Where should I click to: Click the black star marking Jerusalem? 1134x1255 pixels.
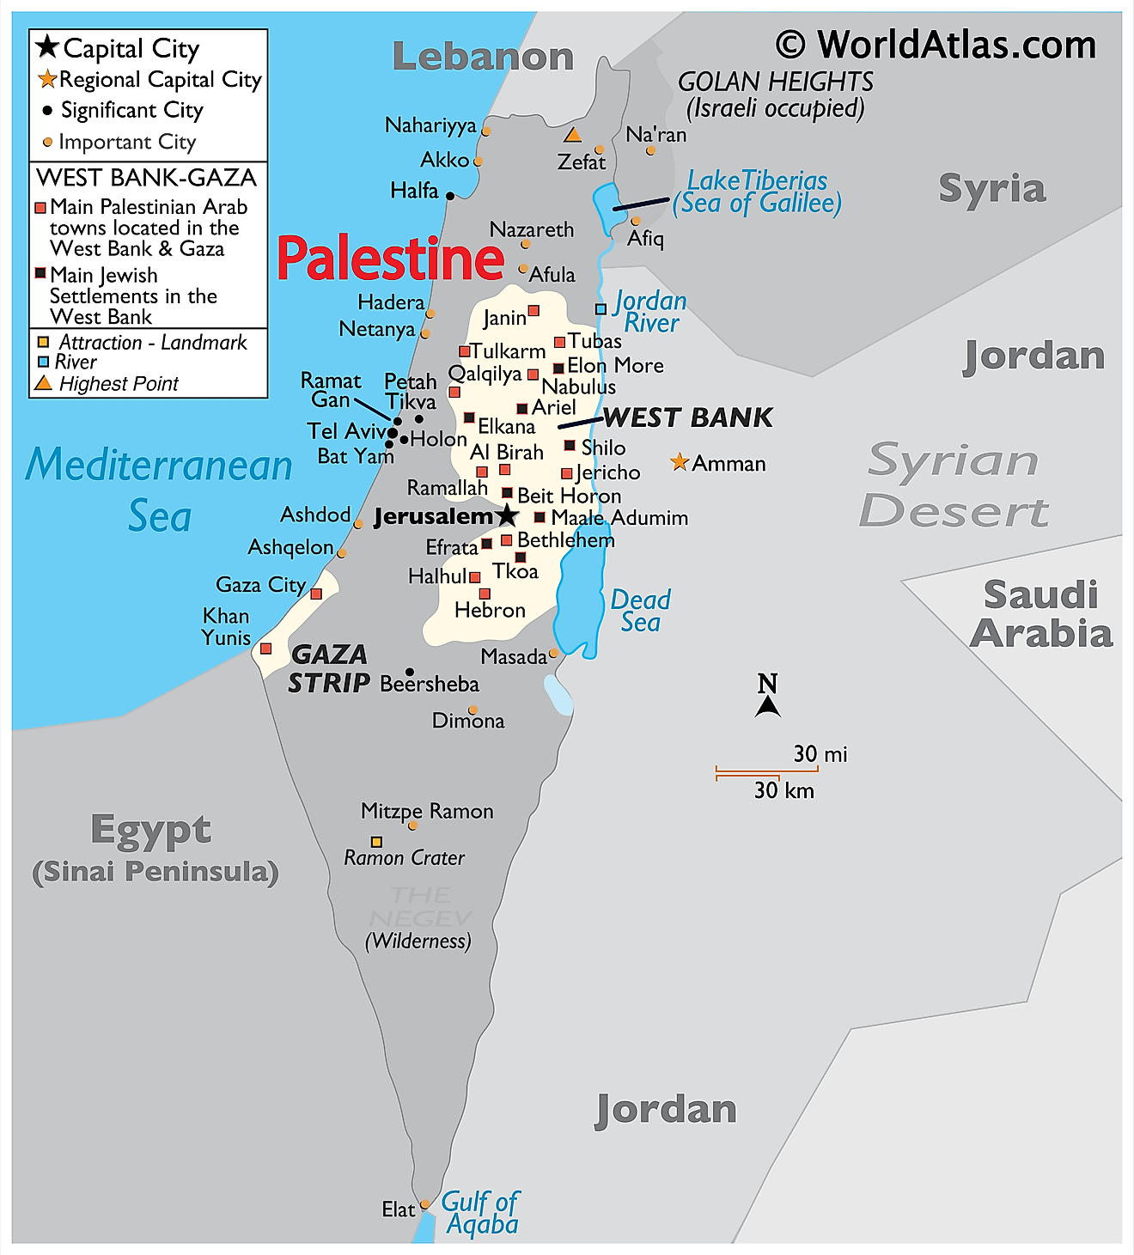point(508,515)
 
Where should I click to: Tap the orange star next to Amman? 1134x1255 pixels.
point(680,463)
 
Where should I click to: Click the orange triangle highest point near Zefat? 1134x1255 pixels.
point(573,135)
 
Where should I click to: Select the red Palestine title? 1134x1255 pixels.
point(391,259)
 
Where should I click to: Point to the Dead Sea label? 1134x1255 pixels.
point(640,611)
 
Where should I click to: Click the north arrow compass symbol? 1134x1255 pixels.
point(767,697)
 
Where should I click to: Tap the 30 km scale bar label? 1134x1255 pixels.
point(783,790)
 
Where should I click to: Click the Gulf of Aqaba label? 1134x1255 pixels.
point(480,1212)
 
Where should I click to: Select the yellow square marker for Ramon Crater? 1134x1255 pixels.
point(376,842)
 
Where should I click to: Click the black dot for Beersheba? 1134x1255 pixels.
point(410,673)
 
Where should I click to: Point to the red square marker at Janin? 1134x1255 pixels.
point(533,310)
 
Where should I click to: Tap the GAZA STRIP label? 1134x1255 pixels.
point(329,668)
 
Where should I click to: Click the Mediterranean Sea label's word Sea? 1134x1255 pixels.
point(160,516)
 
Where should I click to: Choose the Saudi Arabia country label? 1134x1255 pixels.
point(1041,614)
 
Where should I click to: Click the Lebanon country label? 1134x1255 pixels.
point(483,57)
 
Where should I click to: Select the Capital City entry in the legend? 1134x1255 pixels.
point(131,49)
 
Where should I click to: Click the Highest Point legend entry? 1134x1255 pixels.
point(119,384)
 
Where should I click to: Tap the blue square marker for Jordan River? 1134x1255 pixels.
point(601,309)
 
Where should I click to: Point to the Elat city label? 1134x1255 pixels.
point(398,1209)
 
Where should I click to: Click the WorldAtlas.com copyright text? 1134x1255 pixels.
point(936,45)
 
